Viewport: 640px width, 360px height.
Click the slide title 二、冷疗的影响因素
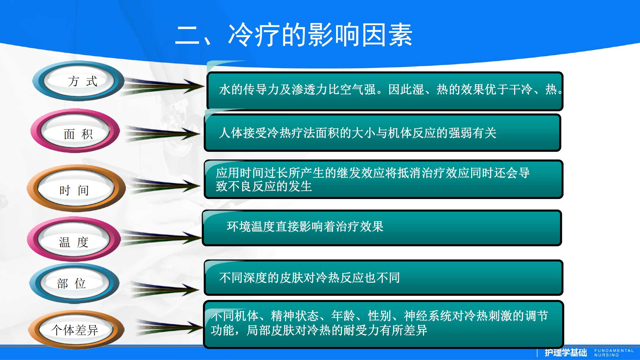pos(294,35)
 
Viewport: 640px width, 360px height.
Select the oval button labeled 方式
pos(78,81)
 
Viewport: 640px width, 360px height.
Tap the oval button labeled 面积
pos(75,131)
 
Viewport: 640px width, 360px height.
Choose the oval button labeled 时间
pos(76,188)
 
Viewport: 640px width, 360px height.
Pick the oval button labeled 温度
pos(74,239)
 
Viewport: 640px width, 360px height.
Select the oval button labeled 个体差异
pos(76,330)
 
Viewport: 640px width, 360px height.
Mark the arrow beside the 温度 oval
pos(161,237)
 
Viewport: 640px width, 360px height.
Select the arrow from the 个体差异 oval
pos(169,327)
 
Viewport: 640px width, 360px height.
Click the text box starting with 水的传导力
pos(385,91)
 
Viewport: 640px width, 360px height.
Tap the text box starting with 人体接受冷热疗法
pos(382,133)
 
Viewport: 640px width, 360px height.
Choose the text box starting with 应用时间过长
pos(383,179)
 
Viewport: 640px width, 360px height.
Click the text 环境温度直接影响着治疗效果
pos(305,227)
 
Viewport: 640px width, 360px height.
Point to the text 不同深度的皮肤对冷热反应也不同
pos(309,278)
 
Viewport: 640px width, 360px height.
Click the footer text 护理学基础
pos(566,353)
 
